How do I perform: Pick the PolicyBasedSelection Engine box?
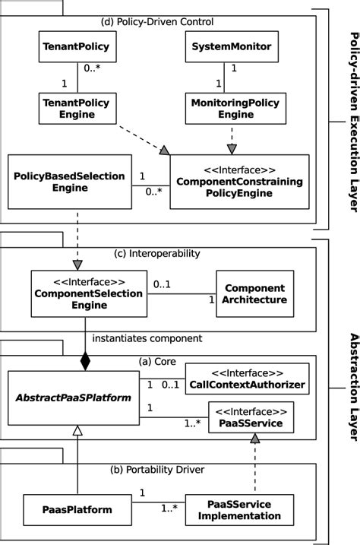coord(69,182)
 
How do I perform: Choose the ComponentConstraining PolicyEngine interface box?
coord(239,182)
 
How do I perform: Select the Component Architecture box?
coord(254,293)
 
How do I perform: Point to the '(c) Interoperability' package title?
coord(164,253)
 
